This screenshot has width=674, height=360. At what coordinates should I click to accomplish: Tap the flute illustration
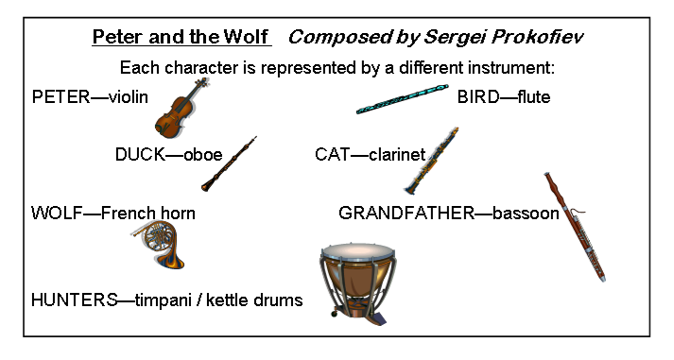tap(403, 99)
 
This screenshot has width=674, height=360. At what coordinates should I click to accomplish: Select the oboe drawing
tap(228, 164)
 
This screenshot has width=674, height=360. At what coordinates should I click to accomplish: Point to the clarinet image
tap(430, 161)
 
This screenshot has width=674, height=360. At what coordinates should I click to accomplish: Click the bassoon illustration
tap(575, 227)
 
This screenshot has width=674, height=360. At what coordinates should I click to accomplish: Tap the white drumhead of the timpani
tap(357, 251)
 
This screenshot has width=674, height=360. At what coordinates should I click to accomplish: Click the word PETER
tap(61, 97)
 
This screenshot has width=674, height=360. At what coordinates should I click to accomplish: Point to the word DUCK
tap(140, 155)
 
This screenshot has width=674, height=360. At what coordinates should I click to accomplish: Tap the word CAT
tap(332, 155)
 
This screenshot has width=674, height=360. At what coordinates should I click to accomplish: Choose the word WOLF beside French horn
tap(57, 214)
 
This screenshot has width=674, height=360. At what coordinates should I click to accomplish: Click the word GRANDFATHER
tap(406, 214)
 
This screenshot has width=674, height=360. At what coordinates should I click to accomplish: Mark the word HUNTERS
tap(74, 300)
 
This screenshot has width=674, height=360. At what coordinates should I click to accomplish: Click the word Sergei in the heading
tap(456, 38)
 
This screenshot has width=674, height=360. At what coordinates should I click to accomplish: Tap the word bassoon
tap(526, 214)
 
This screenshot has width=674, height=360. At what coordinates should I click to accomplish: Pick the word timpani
tap(163, 300)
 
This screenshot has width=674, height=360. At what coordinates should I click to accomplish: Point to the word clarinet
tap(397, 155)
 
